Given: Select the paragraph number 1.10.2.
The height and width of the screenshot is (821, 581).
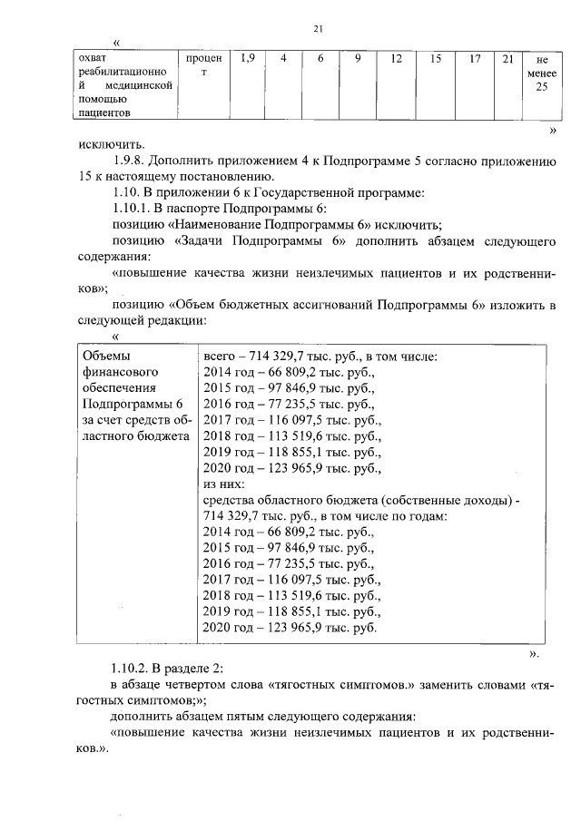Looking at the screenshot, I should tap(133, 669).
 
